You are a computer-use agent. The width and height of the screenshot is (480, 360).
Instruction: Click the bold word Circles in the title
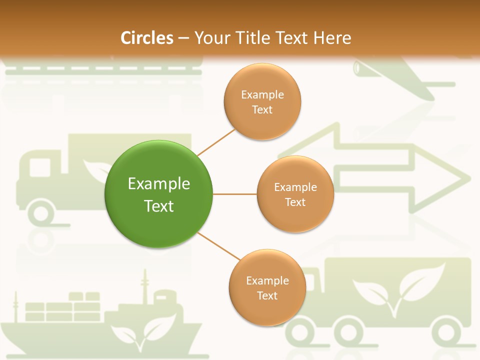[x=147, y=38]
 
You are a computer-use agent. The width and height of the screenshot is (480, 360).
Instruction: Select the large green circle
[x=159, y=194]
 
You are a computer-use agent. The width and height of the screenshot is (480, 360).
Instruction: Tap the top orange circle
[x=262, y=101]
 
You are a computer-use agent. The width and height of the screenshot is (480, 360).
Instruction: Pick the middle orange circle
[x=295, y=194]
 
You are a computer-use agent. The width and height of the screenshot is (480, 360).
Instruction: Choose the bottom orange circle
[x=267, y=287]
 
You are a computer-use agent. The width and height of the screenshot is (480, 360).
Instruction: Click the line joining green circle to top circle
[x=216, y=142]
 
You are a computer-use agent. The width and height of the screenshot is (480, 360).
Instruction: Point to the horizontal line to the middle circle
[x=235, y=194]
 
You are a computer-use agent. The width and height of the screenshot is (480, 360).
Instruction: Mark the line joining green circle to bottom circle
[x=219, y=246]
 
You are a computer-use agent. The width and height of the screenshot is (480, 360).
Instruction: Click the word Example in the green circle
[x=159, y=183]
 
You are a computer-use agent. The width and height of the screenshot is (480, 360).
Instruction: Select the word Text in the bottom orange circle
[x=267, y=296]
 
